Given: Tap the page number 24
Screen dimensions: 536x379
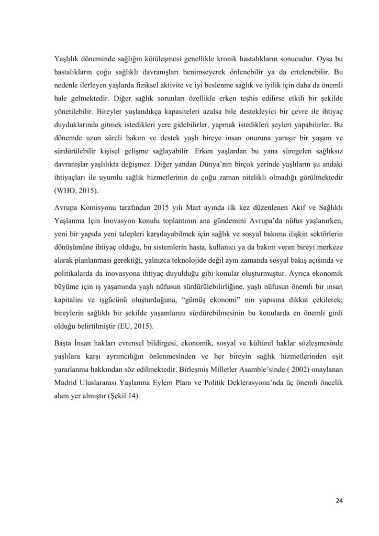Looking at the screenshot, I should [339, 501].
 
